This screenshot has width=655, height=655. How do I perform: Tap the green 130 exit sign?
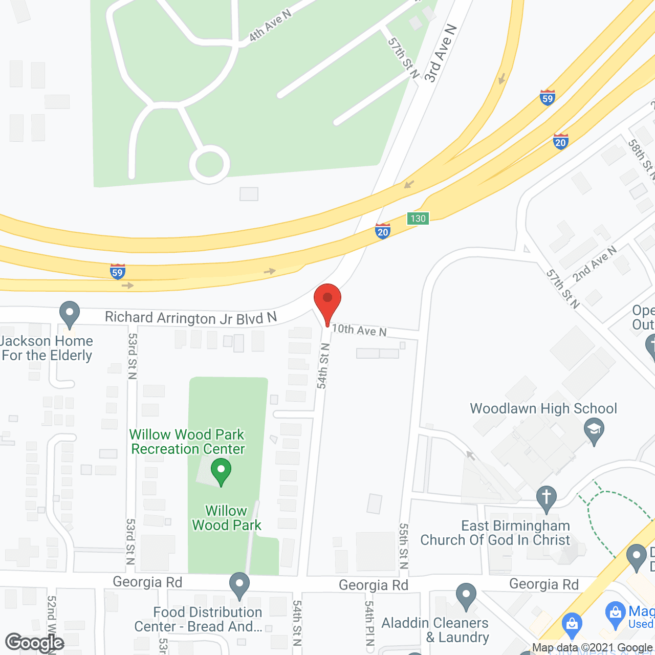(418, 219)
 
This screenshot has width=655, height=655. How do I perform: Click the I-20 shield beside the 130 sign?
(383, 231)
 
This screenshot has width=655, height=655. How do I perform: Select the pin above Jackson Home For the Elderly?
(70, 313)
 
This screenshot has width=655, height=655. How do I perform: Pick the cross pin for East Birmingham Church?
(547, 498)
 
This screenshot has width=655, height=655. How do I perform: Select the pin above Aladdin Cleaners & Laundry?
(466, 596)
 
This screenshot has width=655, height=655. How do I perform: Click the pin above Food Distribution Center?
(239, 585)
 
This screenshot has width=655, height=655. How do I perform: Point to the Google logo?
(35, 643)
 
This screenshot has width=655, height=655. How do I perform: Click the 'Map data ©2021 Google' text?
(593, 648)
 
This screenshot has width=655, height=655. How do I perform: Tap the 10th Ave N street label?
(359, 331)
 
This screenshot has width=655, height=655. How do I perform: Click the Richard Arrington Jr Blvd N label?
(190, 318)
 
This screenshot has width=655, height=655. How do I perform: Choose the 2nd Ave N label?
(595, 264)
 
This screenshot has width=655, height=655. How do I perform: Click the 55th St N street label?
(404, 545)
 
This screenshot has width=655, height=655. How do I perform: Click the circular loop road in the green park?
(209, 164)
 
